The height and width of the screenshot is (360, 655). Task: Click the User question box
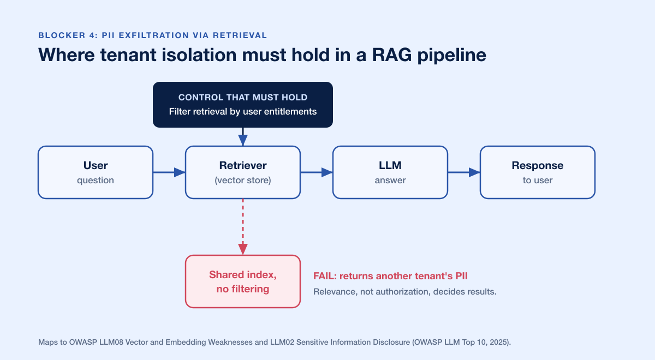(96, 172)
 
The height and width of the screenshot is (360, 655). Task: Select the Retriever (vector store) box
(243, 172)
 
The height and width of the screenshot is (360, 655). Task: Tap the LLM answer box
(390, 172)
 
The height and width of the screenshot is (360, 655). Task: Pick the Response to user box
(538, 172)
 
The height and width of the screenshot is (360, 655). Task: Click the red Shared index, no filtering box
(243, 281)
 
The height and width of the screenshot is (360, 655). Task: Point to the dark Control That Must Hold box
(243, 105)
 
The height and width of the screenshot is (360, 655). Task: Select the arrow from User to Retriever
(169, 172)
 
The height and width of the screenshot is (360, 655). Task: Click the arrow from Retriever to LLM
(317, 172)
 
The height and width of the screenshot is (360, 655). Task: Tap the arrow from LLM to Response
(464, 172)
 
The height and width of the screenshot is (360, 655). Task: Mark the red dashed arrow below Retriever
(243, 227)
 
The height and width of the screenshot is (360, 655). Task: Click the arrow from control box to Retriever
(243, 137)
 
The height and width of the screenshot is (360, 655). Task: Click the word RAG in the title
(391, 55)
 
